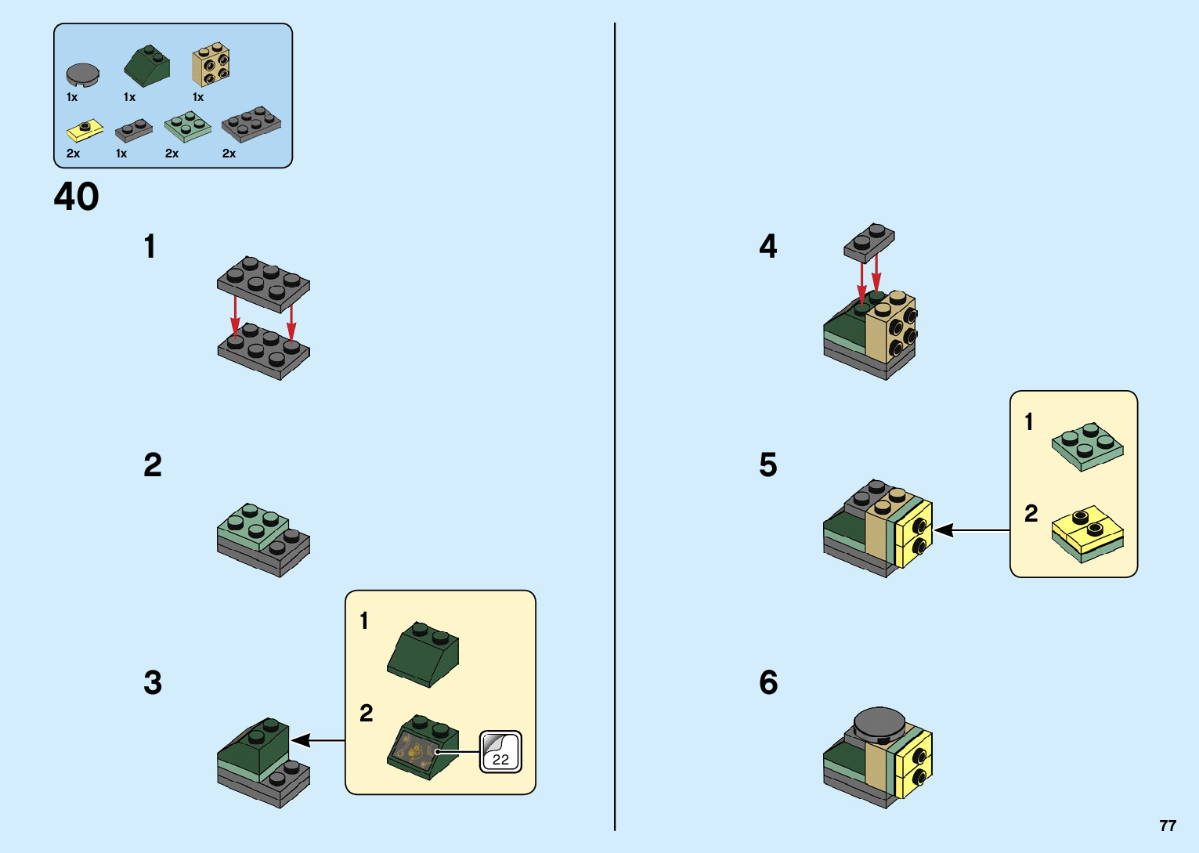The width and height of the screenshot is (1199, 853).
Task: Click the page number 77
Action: pos(1168,826)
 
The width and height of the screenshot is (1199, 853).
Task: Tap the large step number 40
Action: pos(77,197)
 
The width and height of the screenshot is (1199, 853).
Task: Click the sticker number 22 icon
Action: pos(500,752)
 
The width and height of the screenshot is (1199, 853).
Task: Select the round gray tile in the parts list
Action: pos(82,74)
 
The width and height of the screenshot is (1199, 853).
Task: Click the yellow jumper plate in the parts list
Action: pos(85,130)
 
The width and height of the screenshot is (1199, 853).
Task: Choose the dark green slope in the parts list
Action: pos(147,67)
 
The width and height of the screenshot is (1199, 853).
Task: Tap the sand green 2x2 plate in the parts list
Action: pos(187,127)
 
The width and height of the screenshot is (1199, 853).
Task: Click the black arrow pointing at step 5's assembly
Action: pos(972,530)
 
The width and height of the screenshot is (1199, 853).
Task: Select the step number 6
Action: pos(768,683)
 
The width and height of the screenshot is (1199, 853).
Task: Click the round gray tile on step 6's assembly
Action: pos(879,725)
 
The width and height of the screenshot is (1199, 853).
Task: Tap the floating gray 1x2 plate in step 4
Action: pos(869,242)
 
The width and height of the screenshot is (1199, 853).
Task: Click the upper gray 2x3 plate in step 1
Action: pos(263,283)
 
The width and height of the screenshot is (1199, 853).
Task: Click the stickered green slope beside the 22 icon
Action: pos(423,747)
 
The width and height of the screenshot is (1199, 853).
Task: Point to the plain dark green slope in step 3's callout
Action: pos(423,653)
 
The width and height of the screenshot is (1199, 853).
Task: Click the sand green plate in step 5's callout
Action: pos(1087,446)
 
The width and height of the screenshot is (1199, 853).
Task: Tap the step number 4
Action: pos(768,247)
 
